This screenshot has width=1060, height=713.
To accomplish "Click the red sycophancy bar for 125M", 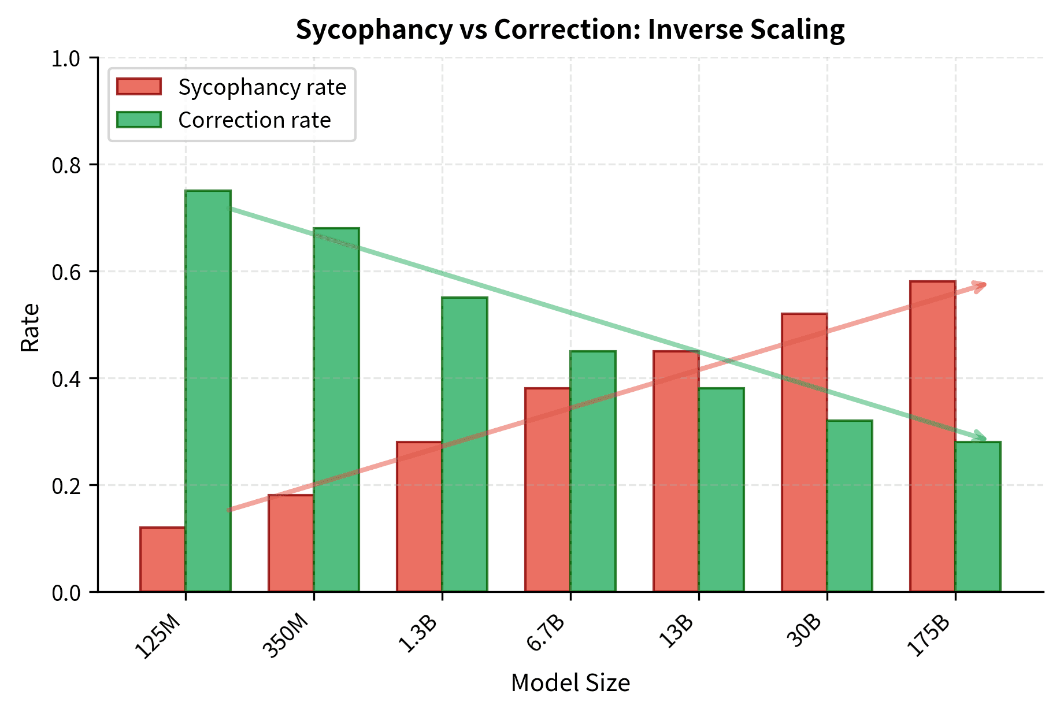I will click(x=162, y=559).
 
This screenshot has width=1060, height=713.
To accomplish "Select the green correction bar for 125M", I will click(x=208, y=391).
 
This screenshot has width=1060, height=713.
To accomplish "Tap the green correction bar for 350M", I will click(x=336, y=410).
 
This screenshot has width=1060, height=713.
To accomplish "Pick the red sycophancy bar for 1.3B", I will click(x=419, y=517).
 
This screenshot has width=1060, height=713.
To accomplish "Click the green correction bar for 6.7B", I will click(x=593, y=471).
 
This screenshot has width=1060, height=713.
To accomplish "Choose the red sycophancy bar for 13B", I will click(x=676, y=471).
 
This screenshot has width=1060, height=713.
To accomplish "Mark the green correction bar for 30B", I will click(x=850, y=506).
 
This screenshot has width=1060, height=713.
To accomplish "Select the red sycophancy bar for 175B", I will click(x=932, y=436).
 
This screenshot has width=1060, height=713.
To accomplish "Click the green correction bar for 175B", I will click(x=978, y=517).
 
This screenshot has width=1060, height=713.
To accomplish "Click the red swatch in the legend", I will click(x=139, y=87).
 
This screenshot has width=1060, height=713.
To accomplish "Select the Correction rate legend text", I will click(x=254, y=120).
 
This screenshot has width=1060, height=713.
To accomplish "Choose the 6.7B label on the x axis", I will click(x=546, y=634).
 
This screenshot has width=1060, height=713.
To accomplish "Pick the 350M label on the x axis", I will click(x=286, y=637).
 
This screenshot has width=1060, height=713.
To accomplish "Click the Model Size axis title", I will click(x=570, y=683).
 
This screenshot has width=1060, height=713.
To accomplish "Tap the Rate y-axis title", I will click(x=30, y=327).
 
